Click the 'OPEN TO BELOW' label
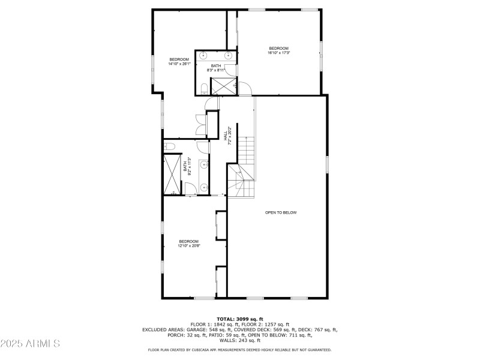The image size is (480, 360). pos(281,212)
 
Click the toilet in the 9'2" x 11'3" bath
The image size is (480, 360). pos(170,146)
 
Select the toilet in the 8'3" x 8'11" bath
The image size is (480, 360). pos(203,89)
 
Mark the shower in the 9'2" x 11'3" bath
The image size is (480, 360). pos(173,175)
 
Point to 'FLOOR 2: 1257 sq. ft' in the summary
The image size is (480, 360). pos(265,325)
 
